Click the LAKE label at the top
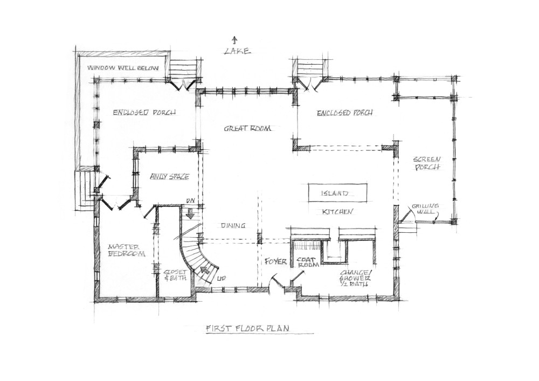tap(237, 52)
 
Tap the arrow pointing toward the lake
tap(235, 40)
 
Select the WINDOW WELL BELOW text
tap(123, 68)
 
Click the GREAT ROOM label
tap(247, 128)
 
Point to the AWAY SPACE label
tap(170, 177)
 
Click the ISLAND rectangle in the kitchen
tap(337, 193)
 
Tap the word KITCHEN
tap(337, 212)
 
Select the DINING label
tap(233, 226)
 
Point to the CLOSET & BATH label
tap(175, 275)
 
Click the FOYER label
tap(275, 262)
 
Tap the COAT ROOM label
tap(308, 262)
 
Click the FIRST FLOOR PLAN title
tap(247, 328)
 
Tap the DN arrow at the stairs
tap(188, 214)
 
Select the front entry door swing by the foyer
tap(277, 280)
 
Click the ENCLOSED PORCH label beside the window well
tap(144, 112)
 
